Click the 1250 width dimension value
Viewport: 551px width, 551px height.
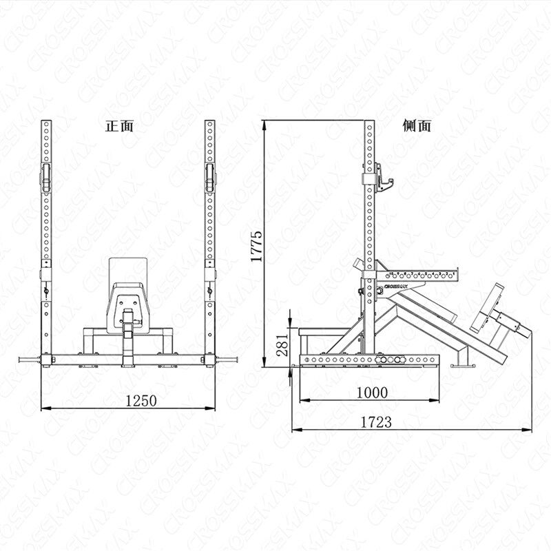coord(141,401)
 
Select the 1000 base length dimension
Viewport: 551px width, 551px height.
coord(372,393)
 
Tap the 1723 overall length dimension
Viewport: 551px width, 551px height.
coord(376,422)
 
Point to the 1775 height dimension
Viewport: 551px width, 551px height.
coord(257,247)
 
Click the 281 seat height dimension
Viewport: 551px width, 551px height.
coord(282,344)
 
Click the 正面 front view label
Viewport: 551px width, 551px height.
coord(119,126)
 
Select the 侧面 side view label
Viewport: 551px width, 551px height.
coord(417,125)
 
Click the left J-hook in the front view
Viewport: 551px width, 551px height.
coord(46,178)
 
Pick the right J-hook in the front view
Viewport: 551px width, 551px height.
coord(210,178)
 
